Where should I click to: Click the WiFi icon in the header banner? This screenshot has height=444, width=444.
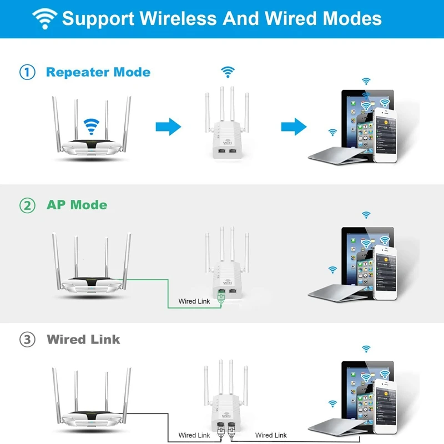[x=44, y=18]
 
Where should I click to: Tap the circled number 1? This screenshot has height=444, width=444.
[x=27, y=72]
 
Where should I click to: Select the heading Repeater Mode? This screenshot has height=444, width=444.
[x=98, y=72]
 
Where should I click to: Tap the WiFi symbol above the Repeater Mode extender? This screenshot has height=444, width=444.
[x=227, y=71]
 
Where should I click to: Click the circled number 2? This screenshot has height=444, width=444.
[x=27, y=205]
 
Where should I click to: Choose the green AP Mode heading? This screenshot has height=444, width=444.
[x=77, y=205]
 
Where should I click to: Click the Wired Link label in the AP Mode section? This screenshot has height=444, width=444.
[x=194, y=301]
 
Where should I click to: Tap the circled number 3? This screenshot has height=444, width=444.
[x=27, y=339]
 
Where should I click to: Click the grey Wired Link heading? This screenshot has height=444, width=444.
[x=83, y=339]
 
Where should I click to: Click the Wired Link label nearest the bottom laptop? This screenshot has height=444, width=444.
[x=271, y=435]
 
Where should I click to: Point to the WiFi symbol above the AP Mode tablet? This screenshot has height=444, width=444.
[x=366, y=214]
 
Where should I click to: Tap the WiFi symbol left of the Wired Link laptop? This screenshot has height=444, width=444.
[x=332, y=403]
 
